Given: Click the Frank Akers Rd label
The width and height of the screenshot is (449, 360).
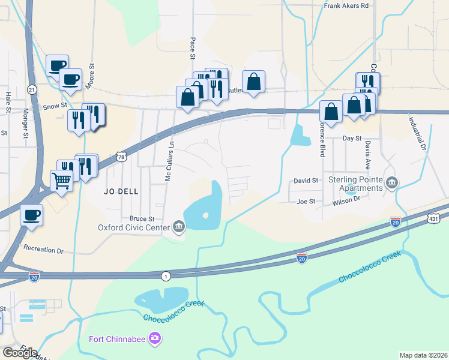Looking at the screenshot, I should click(345, 5).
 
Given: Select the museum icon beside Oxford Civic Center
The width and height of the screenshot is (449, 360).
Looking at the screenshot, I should click(179, 226).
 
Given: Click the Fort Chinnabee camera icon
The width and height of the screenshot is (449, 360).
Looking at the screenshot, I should click(155, 338).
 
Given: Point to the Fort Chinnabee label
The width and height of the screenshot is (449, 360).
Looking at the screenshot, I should click(118, 339).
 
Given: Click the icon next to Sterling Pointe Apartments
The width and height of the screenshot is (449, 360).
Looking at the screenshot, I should click(392, 182).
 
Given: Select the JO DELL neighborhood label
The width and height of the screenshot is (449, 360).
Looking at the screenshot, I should click(121, 191).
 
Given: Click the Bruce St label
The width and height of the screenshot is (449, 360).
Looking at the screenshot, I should click(142, 219).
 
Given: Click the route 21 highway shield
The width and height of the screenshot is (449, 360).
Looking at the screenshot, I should click(32, 89).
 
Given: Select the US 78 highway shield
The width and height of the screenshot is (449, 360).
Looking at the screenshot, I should click(122, 157).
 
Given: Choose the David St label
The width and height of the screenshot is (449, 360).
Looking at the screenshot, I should click(306, 180).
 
